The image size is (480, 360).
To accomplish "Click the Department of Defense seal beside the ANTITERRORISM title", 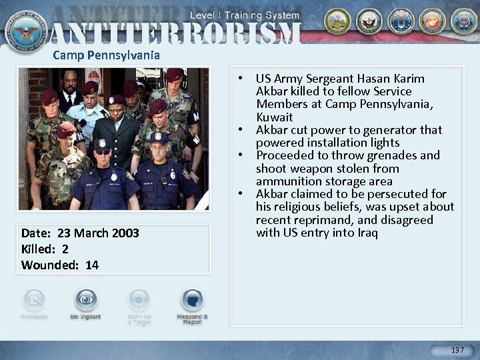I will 25,29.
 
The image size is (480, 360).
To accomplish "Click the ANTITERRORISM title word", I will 175,34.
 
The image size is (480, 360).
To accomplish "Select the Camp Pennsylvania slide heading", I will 107,55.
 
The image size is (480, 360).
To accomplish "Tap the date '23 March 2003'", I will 99,233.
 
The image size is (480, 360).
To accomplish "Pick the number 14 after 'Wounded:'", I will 92,265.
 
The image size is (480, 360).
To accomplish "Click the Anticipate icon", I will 34,301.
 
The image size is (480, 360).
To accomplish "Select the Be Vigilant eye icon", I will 86,301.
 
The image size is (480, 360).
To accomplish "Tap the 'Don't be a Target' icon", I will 139,301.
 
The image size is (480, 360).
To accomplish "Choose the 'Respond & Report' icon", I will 192,301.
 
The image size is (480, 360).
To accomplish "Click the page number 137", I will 457,350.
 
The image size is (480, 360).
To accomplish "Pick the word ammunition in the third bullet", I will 289,181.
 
